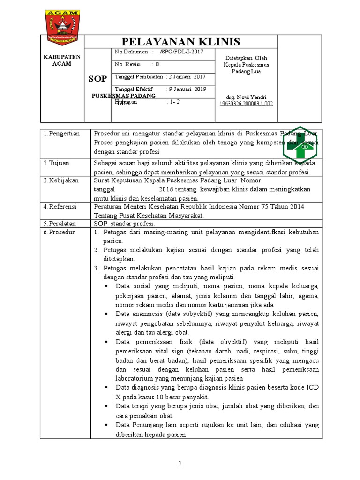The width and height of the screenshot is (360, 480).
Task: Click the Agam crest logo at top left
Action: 62,21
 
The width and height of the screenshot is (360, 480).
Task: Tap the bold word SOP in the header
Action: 97,78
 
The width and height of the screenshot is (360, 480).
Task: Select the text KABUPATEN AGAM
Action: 62,60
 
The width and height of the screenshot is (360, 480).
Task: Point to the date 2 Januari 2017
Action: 187,77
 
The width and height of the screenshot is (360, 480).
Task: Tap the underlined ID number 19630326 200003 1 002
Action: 246,104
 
